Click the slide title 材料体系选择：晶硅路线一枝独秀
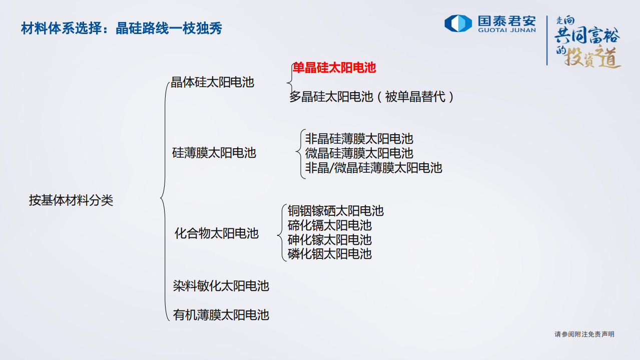(x=121, y=29)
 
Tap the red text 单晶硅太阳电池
(x=334, y=68)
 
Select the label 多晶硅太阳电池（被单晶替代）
(x=372, y=97)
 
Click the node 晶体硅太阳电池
(x=213, y=82)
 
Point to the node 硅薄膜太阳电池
(x=214, y=153)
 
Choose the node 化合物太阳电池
(x=216, y=233)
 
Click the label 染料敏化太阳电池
(x=221, y=286)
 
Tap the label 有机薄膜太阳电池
(x=221, y=315)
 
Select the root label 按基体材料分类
(x=71, y=201)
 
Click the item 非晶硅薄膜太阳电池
(x=359, y=139)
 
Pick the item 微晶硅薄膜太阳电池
(x=359, y=153)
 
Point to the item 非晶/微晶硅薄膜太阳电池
(x=374, y=167)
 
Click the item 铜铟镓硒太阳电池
(x=336, y=211)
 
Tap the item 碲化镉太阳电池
(x=330, y=225)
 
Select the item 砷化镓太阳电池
(x=330, y=240)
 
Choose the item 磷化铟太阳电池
(x=330, y=254)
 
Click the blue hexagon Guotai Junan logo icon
(x=458, y=24)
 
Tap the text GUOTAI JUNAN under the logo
(x=506, y=30)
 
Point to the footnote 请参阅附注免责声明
(x=584, y=334)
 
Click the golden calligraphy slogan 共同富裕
(x=587, y=37)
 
